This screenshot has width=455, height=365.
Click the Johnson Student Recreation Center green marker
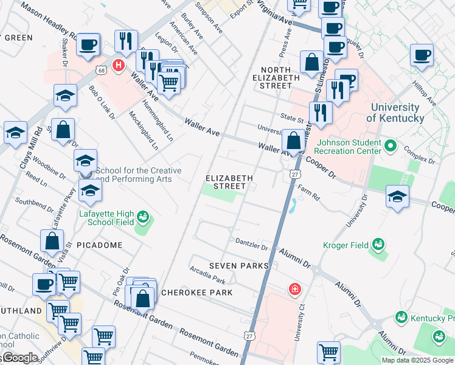391,147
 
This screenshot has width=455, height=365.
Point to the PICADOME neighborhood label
100,245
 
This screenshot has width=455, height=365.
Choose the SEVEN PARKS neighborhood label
238,266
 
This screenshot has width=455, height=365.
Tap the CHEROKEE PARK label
196,293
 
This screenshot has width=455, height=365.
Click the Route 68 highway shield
100,70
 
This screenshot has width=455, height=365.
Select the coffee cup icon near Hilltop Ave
422,56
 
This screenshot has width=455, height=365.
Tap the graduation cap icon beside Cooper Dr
397,197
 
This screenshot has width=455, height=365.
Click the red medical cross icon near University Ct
294,288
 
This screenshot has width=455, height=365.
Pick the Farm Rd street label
308,189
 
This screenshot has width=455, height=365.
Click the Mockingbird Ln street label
144,130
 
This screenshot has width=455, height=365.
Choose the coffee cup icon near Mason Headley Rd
89,45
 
